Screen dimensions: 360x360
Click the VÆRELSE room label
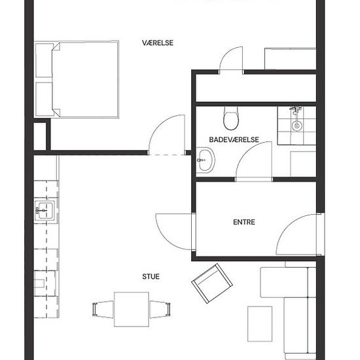click(158, 43)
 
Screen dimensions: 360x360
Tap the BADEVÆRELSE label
click(234, 139)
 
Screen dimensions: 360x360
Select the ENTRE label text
click(244, 222)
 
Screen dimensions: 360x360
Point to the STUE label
click(151, 276)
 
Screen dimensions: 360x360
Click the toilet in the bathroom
click(231, 118)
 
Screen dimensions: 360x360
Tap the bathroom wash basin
click(206, 160)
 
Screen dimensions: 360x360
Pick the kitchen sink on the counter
click(45, 211)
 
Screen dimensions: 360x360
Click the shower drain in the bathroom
click(297, 126)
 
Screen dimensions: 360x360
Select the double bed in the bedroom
click(85, 79)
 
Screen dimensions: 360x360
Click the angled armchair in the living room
click(212, 283)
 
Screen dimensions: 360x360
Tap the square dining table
click(132, 309)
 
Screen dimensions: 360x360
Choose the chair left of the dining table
click(103, 309)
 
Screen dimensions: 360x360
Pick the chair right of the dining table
click(160, 309)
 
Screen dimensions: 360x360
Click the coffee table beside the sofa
click(260, 324)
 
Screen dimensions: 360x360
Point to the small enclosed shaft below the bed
click(40, 136)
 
